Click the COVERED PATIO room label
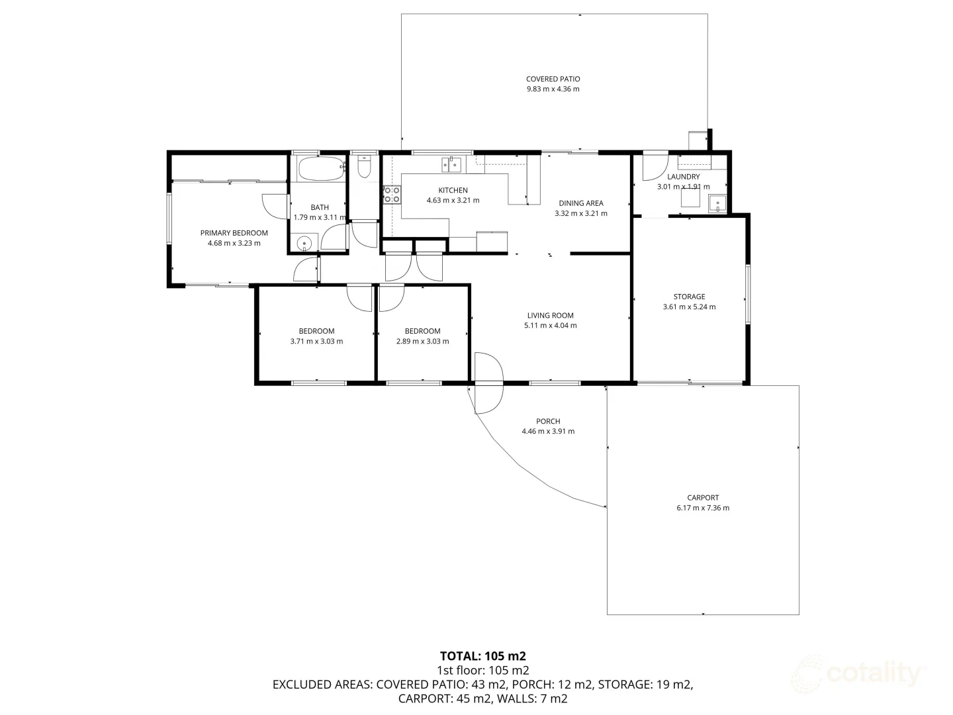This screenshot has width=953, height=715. point(553,79)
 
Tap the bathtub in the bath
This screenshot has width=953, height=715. point(320,169)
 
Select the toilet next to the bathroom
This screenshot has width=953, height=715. point(363,167)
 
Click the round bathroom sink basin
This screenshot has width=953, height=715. point(304,243)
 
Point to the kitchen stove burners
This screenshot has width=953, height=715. point(392,194)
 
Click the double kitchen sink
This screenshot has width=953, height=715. point(451,163)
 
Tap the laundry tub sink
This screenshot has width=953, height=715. point(717,204)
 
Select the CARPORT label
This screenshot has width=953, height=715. point(702,498)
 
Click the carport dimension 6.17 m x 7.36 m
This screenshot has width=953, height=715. point(702,508)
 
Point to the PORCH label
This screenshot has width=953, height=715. point(548,421)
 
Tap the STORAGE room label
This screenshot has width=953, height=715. point(689,297)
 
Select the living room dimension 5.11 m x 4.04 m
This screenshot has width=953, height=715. point(550,326)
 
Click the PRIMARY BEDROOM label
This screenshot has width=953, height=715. point(234,233)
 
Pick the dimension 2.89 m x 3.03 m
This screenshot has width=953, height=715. point(422,342)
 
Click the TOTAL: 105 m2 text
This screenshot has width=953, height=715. point(482,656)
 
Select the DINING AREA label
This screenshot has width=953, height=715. point(580,203)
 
